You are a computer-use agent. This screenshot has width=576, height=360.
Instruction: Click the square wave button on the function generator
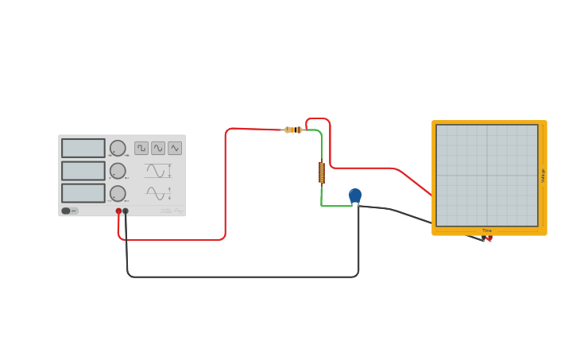tap(141, 148)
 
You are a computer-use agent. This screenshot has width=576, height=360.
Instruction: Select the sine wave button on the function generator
tap(158, 148)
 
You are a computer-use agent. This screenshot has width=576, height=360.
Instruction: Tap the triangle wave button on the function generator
tap(175, 148)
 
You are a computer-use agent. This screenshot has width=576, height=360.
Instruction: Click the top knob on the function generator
tap(118, 148)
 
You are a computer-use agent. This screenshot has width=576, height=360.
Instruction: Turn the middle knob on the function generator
tap(118, 171)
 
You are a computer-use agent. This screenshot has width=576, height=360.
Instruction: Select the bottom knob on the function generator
tap(118, 193)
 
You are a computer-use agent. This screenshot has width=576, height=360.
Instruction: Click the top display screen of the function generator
tap(83, 149)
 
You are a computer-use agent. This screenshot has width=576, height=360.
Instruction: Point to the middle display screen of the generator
tap(83, 171)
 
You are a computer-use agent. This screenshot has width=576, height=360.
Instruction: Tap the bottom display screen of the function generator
tap(83, 193)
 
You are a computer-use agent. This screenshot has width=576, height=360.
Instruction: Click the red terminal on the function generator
tap(118, 211)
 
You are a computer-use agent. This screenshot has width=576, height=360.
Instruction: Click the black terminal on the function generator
tap(126, 211)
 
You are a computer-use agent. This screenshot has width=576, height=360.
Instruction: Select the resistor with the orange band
tap(293, 130)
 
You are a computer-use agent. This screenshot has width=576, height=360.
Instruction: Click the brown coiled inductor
tap(322, 172)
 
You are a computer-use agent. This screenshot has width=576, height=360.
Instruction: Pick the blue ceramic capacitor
tap(355, 195)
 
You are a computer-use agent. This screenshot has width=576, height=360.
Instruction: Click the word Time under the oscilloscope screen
tap(487, 230)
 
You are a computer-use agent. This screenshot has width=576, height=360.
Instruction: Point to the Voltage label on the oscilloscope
tap(543, 176)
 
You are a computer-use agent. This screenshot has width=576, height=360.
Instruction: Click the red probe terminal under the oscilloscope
tap(489, 238)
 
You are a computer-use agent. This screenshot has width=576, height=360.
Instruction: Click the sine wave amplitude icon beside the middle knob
tap(157, 171)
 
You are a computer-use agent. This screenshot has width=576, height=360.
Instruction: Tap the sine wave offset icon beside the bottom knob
tap(157, 193)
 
